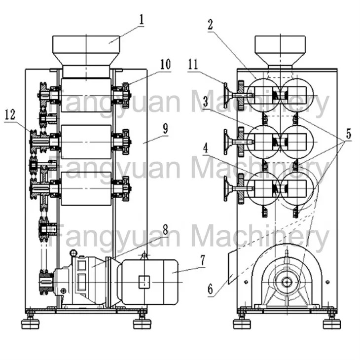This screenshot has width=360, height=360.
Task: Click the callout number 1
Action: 142,20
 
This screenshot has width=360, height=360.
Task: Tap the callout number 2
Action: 210,25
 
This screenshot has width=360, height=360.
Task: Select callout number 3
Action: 206,102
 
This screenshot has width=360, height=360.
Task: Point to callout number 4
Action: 206,148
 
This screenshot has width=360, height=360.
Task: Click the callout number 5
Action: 349,134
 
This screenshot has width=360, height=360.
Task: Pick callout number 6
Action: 210,289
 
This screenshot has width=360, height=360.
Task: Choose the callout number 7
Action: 202,260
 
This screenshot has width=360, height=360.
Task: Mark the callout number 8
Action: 165,229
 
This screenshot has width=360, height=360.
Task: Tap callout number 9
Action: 165,129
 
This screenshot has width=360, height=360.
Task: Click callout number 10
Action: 165,65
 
